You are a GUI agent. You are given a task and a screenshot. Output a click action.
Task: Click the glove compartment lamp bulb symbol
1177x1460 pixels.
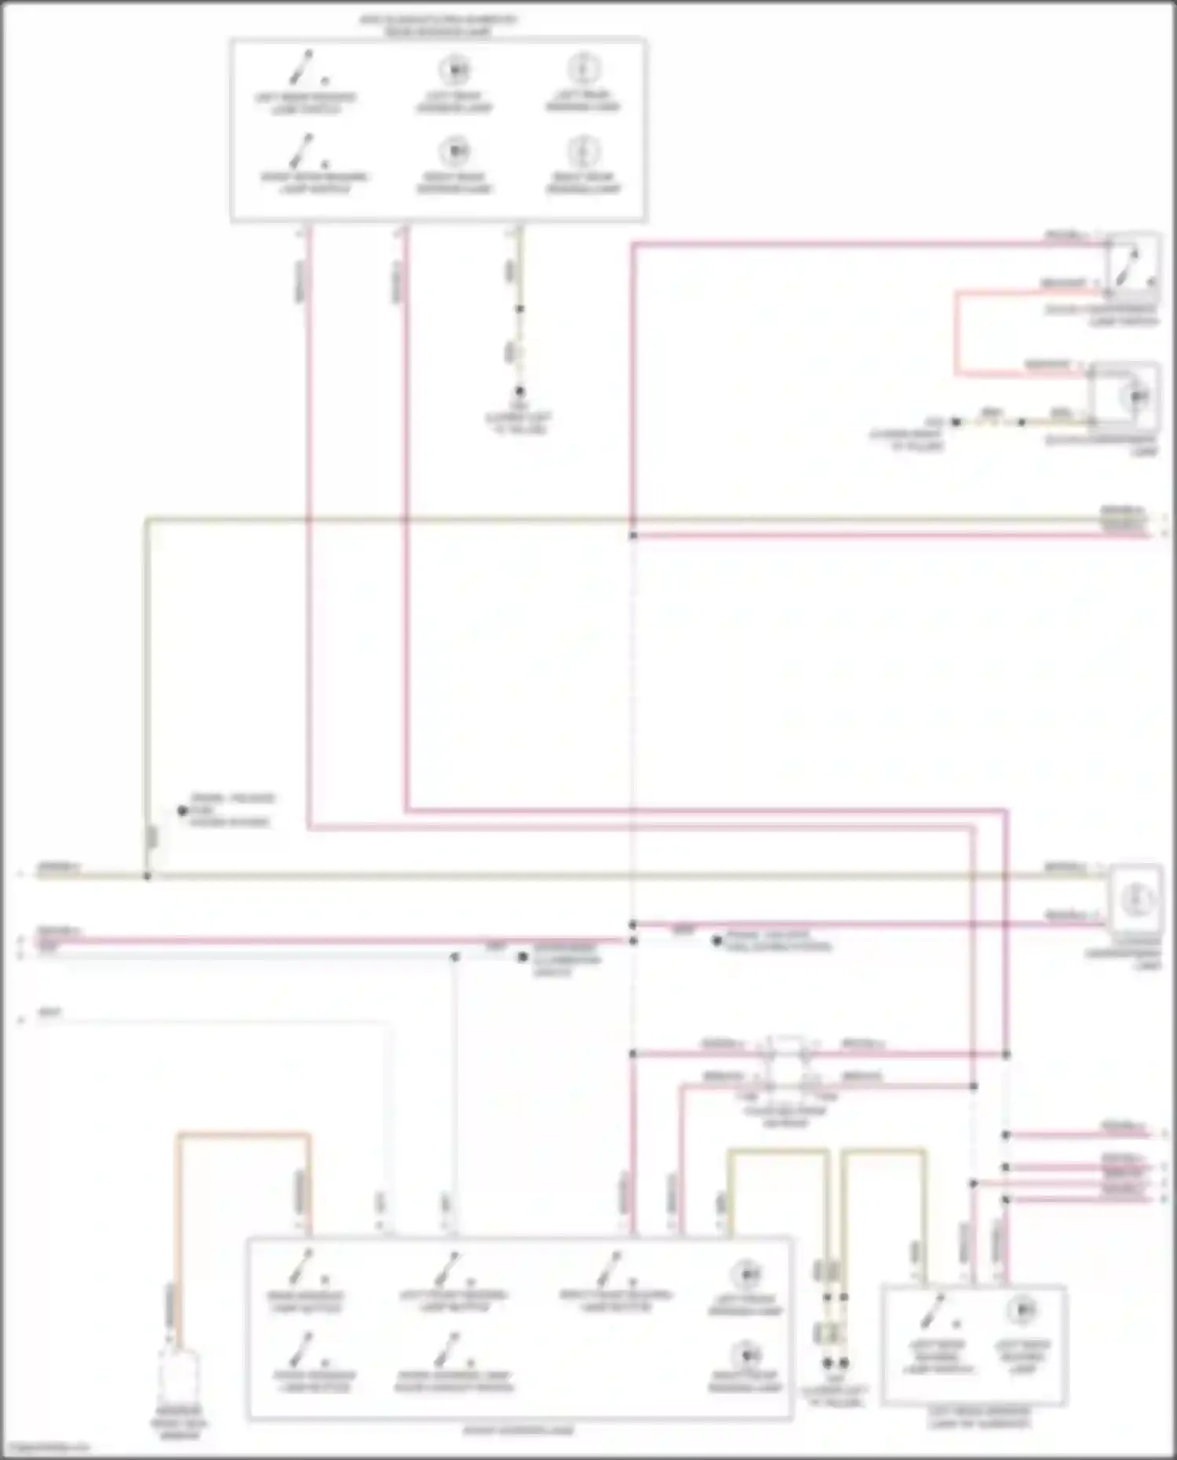click(x=1137, y=396)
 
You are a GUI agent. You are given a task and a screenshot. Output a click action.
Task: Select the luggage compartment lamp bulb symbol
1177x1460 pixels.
click(x=1136, y=899)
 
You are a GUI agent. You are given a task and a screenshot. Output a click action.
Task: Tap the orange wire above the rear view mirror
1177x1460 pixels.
click(x=243, y=1134)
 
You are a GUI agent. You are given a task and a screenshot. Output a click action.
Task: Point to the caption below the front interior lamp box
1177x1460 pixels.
click(x=518, y=1430)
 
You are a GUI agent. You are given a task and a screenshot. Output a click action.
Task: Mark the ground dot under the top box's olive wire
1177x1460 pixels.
click(x=519, y=390)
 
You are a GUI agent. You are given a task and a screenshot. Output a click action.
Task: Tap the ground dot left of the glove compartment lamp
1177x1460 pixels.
click(x=956, y=422)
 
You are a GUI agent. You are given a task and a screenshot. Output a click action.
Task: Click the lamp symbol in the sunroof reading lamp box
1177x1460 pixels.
click(x=1021, y=1309)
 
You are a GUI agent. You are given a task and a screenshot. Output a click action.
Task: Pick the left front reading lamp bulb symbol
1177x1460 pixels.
click(x=745, y=1272)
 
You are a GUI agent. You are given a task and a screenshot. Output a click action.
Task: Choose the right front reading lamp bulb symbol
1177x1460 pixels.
click(x=745, y=1355)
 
